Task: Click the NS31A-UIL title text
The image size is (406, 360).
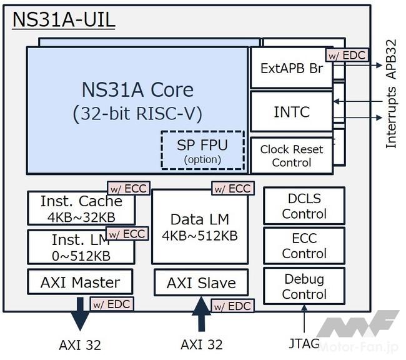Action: point(64,19)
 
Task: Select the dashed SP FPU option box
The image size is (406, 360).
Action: point(202,150)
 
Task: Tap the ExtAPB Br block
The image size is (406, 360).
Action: point(291,68)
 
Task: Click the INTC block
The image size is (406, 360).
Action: point(291,112)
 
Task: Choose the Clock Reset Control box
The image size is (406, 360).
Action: point(291,156)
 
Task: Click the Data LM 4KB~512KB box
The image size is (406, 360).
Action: point(199,227)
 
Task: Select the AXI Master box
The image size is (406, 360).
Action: point(81,282)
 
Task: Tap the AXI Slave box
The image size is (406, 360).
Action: point(201,282)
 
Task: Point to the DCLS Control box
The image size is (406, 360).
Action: point(304,206)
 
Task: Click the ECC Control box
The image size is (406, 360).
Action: point(304,246)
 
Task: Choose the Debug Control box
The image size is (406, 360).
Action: point(304,286)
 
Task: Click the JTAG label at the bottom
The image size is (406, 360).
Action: point(304,344)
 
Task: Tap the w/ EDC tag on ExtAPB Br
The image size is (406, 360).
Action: point(346,55)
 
